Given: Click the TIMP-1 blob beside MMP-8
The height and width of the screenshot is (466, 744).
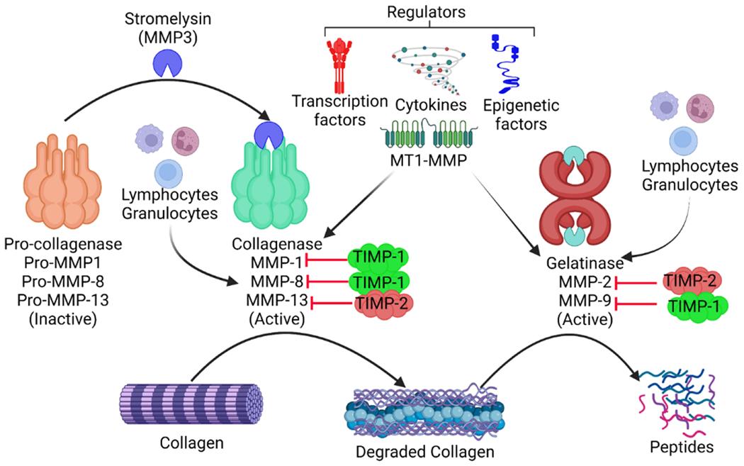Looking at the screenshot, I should (378, 281).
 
